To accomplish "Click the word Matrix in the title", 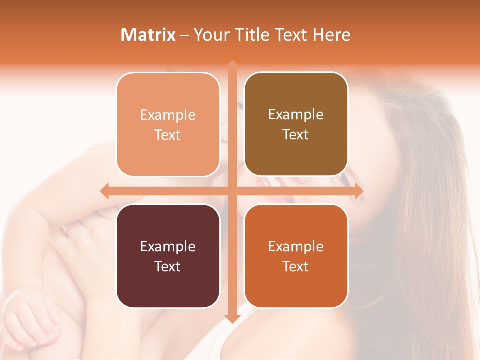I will coord(148,35).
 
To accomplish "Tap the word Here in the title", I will coord(331,35).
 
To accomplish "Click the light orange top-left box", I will coord(168,90).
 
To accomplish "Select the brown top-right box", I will coord(296,90).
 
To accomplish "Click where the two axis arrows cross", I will coord(232,191).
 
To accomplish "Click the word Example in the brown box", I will coord(296,115).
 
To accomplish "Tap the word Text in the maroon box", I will coord(168,266).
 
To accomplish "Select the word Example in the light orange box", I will coord(168,115).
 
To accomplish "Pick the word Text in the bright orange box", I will coord(296,266).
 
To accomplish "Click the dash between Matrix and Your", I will coord(184,35).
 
